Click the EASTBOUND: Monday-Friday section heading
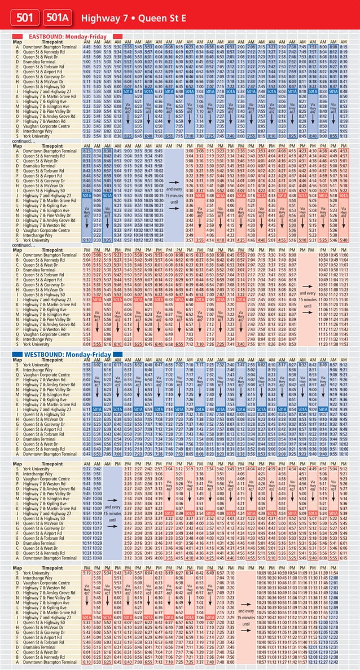coord(68,36)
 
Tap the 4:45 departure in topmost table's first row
coord(87,47)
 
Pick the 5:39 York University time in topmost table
coord(87,135)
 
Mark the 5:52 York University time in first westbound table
coord(87,365)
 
